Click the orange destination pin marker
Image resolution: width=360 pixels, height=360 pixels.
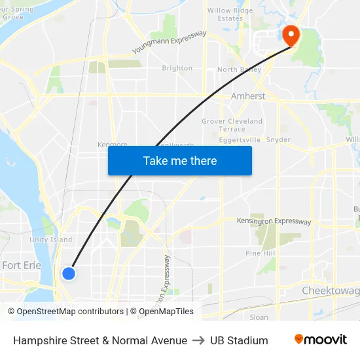coord(289,35)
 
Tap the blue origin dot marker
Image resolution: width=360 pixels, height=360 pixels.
coord(68,274)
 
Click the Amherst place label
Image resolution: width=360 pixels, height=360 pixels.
coord(248,96)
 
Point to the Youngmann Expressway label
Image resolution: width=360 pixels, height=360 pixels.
coord(169,43)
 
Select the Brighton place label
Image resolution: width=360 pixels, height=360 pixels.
coord(177,68)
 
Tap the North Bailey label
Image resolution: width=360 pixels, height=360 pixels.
coord(239,69)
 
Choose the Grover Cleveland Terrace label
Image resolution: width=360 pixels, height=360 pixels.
coord(232,125)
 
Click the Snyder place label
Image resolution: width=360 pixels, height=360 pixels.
coord(279,139)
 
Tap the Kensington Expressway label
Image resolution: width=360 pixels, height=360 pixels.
coord(274,221)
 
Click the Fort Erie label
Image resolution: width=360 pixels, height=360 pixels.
coord(22,265)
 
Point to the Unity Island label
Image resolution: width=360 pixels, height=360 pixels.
coord(50,240)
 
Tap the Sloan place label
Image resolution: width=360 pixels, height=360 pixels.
coord(259,317)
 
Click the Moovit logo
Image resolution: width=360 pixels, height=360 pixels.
coord(320,340)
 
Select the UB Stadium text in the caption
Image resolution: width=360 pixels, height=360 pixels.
coord(239,340)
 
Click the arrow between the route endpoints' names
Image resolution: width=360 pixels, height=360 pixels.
coord(198,340)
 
